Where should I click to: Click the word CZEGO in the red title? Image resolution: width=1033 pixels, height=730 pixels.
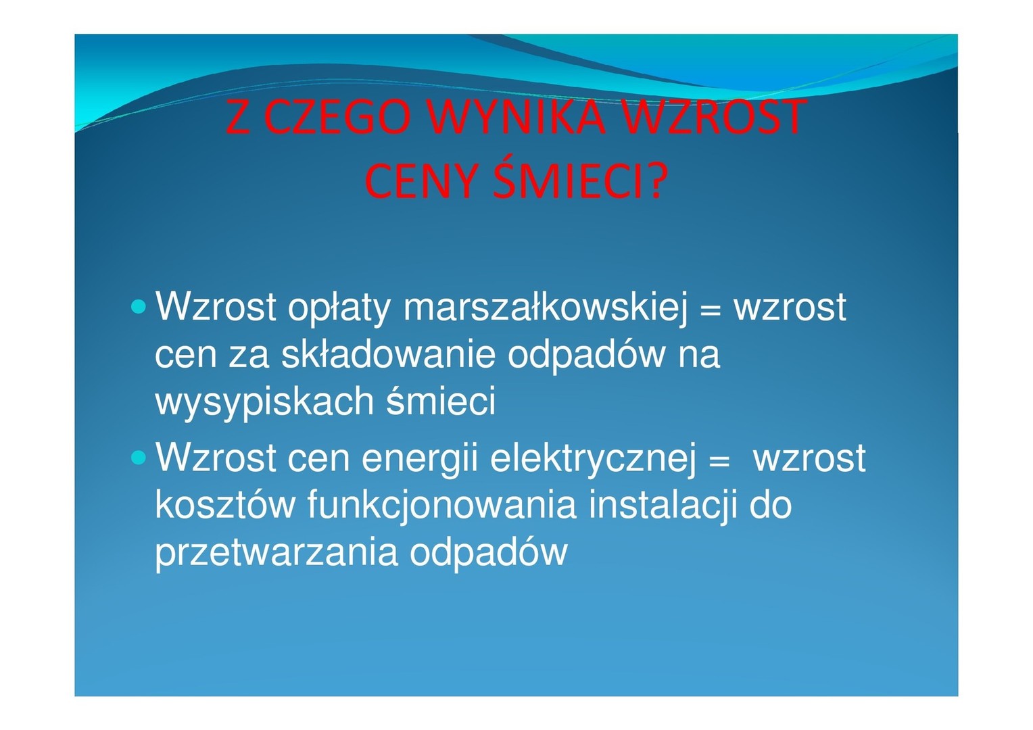338,117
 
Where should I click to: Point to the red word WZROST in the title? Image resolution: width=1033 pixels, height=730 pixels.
715,117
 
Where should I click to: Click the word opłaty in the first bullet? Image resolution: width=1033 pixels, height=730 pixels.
339,308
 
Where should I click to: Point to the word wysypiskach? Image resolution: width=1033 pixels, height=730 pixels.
264,401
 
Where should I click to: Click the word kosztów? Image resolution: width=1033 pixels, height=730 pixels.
224,505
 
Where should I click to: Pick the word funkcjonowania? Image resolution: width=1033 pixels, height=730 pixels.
441,506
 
